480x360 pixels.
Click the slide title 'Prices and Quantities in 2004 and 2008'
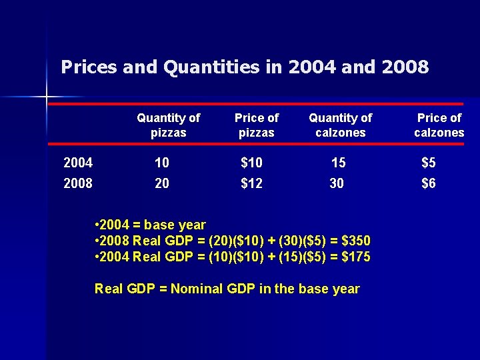point(244,67)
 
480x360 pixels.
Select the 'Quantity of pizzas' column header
point(168,125)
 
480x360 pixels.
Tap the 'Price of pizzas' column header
point(257,125)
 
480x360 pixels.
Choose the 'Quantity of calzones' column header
point(340,125)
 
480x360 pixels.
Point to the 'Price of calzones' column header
point(439,125)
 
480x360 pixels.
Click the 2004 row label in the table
point(77,162)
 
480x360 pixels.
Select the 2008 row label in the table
point(77,183)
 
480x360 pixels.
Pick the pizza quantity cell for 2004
point(161,162)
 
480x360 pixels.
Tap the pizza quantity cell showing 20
point(161,183)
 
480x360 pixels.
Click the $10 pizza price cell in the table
point(251,162)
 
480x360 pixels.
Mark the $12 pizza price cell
point(251,183)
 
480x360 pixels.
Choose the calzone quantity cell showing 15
point(339,162)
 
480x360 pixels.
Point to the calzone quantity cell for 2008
point(337,183)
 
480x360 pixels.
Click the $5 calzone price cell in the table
point(428,162)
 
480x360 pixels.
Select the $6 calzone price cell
point(428,183)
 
